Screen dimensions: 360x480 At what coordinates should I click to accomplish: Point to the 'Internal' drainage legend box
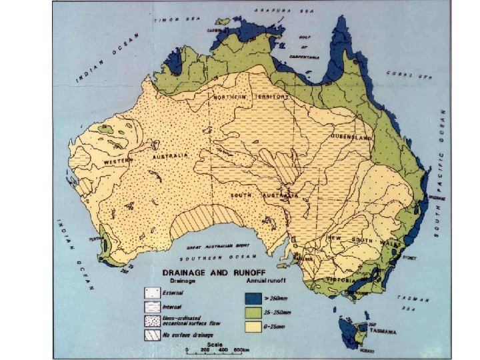click(153, 307)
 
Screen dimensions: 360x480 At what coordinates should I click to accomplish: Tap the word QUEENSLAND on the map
click(351, 137)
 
